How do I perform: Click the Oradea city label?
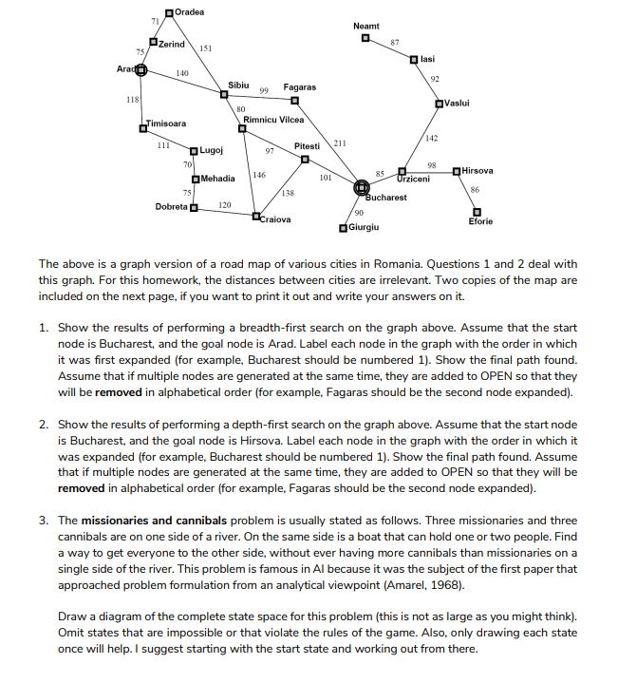pyautogui.click(x=191, y=10)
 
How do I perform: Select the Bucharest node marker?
pyautogui.click(x=362, y=188)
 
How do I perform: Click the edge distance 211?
pyautogui.click(x=339, y=142)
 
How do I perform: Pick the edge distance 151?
pyautogui.click(x=206, y=48)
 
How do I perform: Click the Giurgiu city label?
pyautogui.click(x=365, y=228)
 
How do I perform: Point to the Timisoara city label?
pyautogui.click(x=165, y=123)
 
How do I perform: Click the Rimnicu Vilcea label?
pyautogui.click(x=273, y=120)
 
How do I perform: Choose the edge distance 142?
pyautogui.click(x=432, y=139)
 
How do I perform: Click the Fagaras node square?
pyautogui.click(x=295, y=101)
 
